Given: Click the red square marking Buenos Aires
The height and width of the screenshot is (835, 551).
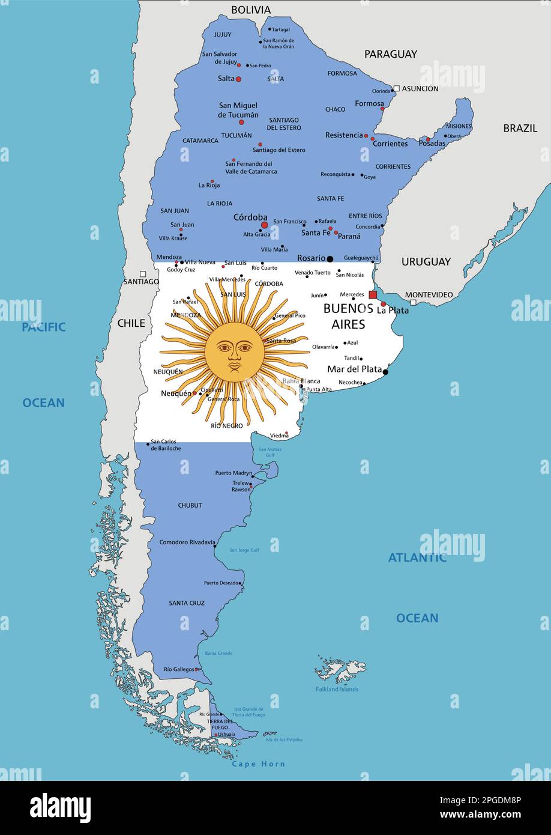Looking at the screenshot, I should coord(373,294).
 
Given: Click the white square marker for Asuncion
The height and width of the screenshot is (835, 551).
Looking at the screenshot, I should coord(396,88).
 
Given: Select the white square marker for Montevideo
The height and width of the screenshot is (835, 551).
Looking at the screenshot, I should coord(413,303).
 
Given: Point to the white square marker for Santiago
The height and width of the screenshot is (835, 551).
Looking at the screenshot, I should coord(142,273).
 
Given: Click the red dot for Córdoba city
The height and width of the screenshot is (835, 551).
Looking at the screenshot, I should coord(264,225).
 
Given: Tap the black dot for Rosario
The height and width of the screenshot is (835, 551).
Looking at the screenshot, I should coord(330,259).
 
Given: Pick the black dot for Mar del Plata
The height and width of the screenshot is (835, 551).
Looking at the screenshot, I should coord(385,372).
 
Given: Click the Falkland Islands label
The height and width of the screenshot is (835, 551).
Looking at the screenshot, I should coord(337,689).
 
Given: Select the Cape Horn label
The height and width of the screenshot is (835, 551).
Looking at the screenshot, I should coord(258,764).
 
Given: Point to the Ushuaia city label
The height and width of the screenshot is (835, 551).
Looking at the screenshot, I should coord(226,734).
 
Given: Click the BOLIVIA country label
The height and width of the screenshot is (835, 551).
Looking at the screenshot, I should coord(251,10).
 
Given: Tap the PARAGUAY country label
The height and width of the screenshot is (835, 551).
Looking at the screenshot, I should coord(390,54).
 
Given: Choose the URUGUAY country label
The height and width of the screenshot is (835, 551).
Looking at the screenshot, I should coord(426,262).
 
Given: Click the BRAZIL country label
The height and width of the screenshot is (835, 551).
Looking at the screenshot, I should coord(520,128).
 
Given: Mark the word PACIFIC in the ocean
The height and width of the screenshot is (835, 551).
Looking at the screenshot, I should coord(44,327).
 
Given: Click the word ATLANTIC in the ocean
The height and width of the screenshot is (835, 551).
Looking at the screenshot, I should coord(417,557).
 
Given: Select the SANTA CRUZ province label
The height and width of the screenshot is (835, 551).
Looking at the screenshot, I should coord(187,603).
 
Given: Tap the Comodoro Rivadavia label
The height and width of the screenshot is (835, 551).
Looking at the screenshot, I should coord(186,542).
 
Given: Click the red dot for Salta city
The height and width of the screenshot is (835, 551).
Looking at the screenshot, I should coord(238,79).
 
